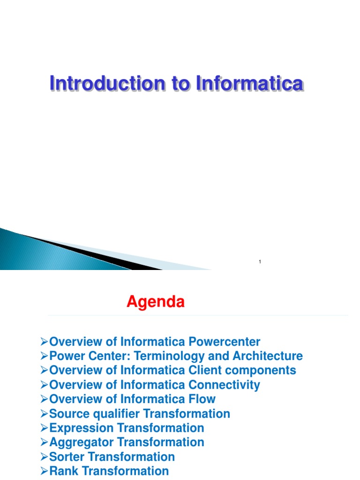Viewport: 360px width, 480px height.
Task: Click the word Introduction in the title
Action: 107,84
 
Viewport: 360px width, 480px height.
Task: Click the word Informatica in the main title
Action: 249,84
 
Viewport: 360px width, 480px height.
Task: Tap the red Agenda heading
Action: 156,302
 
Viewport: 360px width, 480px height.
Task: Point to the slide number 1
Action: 260,262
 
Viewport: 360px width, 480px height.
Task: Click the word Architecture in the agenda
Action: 266,356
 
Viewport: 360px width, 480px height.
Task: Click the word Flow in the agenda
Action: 202,399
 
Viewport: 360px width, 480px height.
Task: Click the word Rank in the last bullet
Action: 63,471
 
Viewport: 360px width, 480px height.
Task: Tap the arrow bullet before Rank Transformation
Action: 45,471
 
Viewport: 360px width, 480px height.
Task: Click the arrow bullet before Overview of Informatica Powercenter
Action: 45,342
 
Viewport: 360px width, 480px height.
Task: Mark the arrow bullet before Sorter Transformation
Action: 45,457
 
